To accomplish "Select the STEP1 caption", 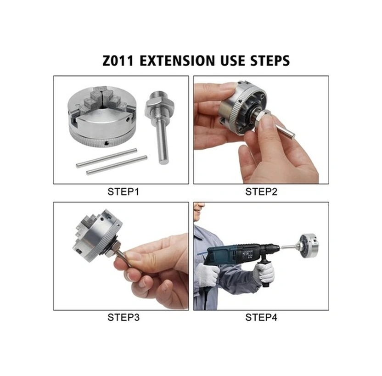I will click(123, 191).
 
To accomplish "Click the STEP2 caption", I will click(261, 191).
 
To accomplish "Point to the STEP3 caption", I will click(123, 317).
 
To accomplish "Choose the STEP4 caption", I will click(261, 317).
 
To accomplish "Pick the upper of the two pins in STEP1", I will click(107, 157).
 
